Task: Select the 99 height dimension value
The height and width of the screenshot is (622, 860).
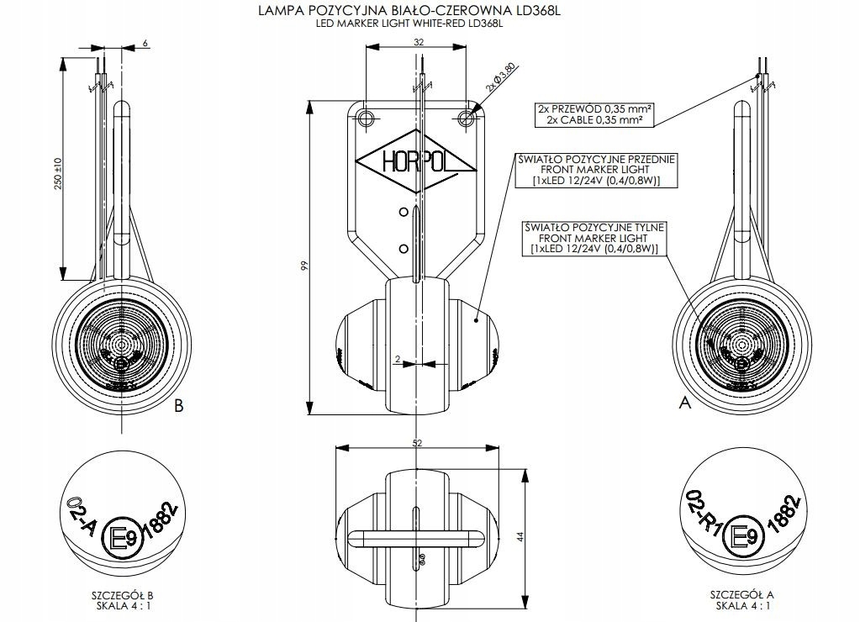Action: tap(305, 266)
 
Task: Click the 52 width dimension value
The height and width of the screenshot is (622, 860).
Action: tap(417, 442)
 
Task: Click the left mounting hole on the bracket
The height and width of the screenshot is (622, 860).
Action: tap(367, 119)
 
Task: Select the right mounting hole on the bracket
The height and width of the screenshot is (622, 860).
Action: tap(467, 119)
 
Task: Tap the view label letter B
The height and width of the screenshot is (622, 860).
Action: tap(178, 406)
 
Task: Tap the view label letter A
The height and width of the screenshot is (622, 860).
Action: tap(684, 403)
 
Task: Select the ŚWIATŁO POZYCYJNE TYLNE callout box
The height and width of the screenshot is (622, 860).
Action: tap(594, 238)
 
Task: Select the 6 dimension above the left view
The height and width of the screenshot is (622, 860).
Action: tap(146, 41)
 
